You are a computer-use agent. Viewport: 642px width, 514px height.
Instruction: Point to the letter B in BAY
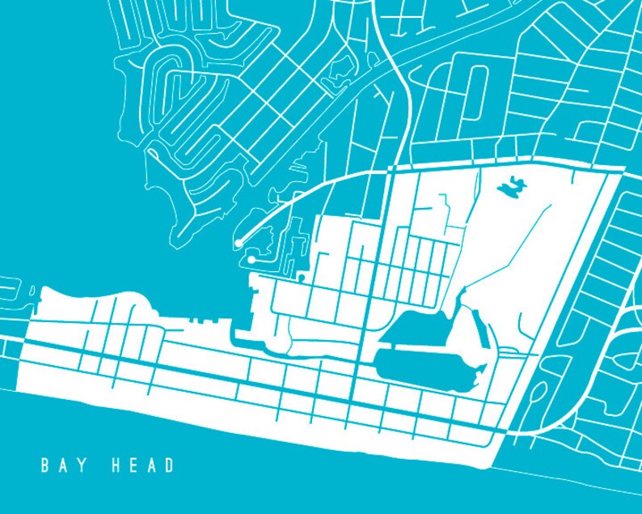45,465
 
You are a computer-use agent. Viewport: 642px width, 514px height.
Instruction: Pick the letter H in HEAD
116,465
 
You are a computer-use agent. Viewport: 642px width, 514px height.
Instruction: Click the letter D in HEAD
169,465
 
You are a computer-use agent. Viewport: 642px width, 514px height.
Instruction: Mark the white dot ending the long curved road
239,243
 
